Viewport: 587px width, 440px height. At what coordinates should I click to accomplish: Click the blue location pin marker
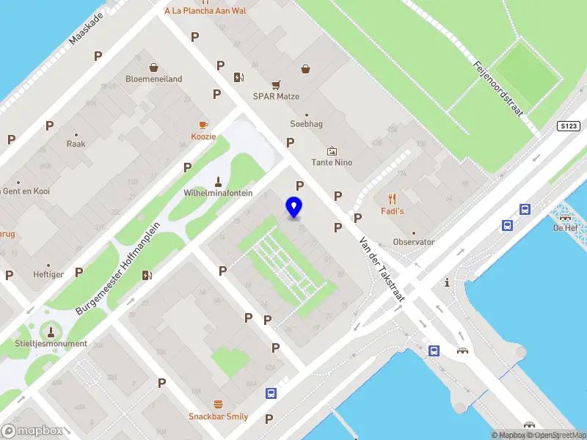pos(294,207)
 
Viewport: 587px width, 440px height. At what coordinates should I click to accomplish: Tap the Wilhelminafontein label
pos(217,194)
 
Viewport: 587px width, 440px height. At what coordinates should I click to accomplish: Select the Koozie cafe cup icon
pos(203,125)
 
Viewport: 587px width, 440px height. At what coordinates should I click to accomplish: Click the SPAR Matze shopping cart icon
pos(276,84)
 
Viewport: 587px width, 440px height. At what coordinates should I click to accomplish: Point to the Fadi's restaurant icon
pos(392,198)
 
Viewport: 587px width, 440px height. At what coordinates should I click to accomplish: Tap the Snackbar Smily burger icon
pos(218,404)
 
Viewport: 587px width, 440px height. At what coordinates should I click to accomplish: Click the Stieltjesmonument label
pos(51,344)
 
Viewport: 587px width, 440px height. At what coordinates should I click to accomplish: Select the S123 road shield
pos(568,126)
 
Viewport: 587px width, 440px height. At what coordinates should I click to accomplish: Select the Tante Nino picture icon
pos(332,150)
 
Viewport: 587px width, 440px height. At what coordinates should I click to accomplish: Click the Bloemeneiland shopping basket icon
pos(153,67)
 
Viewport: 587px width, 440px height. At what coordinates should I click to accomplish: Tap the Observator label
pos(413,242)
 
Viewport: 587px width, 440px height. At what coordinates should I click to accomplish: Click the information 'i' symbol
pos(447,282)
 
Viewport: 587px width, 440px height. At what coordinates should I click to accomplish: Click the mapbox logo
pos(32,431)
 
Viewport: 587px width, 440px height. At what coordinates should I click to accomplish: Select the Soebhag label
pos(306,124)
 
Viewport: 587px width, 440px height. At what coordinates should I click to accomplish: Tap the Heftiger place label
pos(48,275)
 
